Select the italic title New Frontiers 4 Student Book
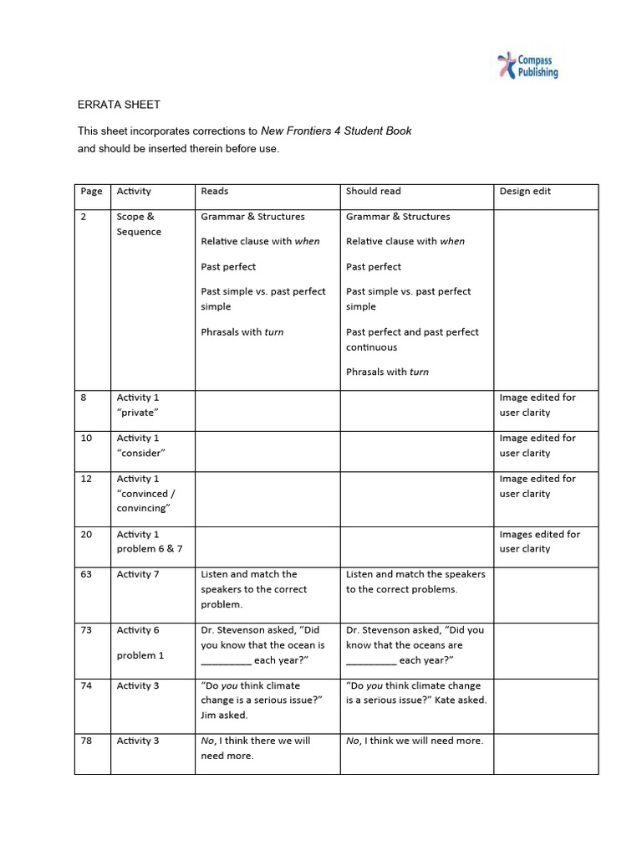(336, 131)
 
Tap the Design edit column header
(525, 191)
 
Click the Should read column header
(373, 191)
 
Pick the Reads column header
(215, 191)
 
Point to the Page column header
(91, 191)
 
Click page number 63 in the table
(86, 574)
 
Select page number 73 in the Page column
(86, 630)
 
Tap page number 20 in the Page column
(86, 534)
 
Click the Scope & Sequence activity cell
(139, 224)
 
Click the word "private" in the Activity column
(137, 413)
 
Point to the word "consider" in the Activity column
(140, 453)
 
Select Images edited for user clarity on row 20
(539, 541)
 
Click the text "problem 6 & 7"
(150, 549)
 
